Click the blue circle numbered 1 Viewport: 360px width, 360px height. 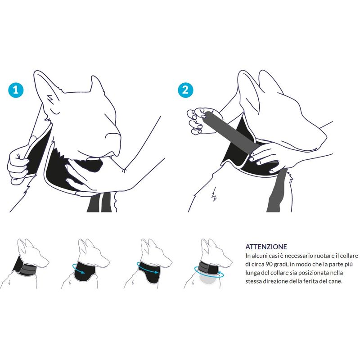(16, 90)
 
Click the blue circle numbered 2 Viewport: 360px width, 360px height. (185, 90)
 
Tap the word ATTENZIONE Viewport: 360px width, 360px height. (266, 247)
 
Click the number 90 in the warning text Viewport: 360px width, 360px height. (268, 264)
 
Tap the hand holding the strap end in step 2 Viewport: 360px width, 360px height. (198, 121)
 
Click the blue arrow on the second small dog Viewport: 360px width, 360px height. (78, 269)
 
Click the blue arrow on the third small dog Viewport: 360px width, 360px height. (148, 268)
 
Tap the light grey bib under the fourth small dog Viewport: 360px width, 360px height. (208, 279)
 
